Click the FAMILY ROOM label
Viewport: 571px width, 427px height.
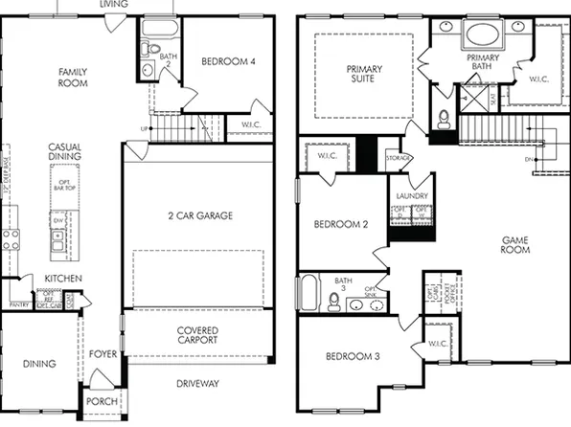73,78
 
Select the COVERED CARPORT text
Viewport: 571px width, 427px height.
197,334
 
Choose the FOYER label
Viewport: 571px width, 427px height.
103,354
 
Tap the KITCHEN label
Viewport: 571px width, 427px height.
63,279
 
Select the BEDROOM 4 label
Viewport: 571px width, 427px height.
228,62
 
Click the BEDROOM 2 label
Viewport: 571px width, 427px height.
340,225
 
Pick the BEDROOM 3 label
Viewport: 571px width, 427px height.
352,356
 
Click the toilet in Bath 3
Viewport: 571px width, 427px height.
332,302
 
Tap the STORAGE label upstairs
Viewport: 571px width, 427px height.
399,157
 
